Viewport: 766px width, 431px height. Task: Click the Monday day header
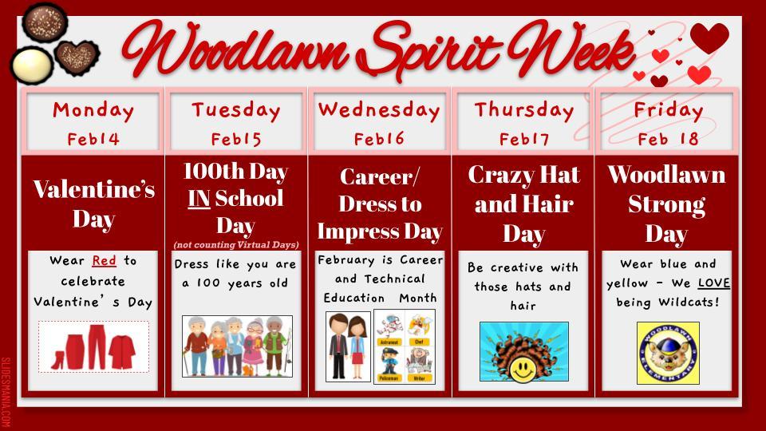pyautogui.click(x=93, y=110)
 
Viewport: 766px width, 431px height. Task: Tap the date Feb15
pyautogui.click(x=236, y=140)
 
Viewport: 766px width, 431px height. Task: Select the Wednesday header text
pyautogui.click(x=379, y=110)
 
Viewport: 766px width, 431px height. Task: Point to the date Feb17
pyautogui.click(x=524, y=140)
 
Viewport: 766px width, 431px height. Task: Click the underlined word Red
pyautogui.click(x=104, y=261)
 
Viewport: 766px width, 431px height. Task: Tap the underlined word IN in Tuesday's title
pyautogui.click(x=199, y=198)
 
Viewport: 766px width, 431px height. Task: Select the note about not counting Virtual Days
pyautogui.click(x=236, y=244)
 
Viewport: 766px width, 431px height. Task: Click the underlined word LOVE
pyautogui.click(x=714, y=283)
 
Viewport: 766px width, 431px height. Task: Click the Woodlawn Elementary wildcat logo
pyautogui.click(x=667, y=353)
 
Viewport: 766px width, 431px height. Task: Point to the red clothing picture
pyautogui.click(x=93, y=347)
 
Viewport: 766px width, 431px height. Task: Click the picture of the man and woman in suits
pyautogui.click(x=348, y=346)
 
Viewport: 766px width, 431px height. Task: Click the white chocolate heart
pyautogui.click(x=31, y=61)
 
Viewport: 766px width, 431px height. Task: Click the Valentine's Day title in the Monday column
pyautogui.click(x=93, y=204)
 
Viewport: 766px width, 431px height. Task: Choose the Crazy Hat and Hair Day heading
pyautogui.click(x=523, y=204)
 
